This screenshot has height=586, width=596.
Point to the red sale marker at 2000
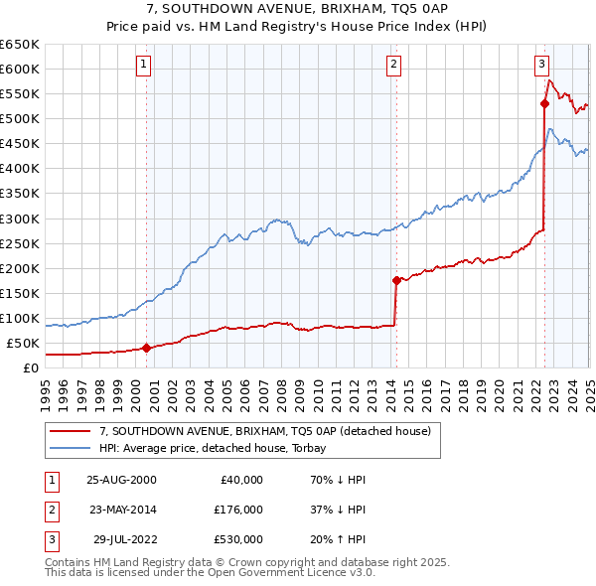147,348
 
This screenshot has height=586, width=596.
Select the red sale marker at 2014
396,280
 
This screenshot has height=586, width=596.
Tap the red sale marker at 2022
545,102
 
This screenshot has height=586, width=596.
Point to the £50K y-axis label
23,344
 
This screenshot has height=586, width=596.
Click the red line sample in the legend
70,431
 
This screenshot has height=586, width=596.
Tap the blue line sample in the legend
70,448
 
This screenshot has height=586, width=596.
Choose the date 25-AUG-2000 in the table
121,479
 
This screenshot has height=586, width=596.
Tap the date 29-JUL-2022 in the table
125,540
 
